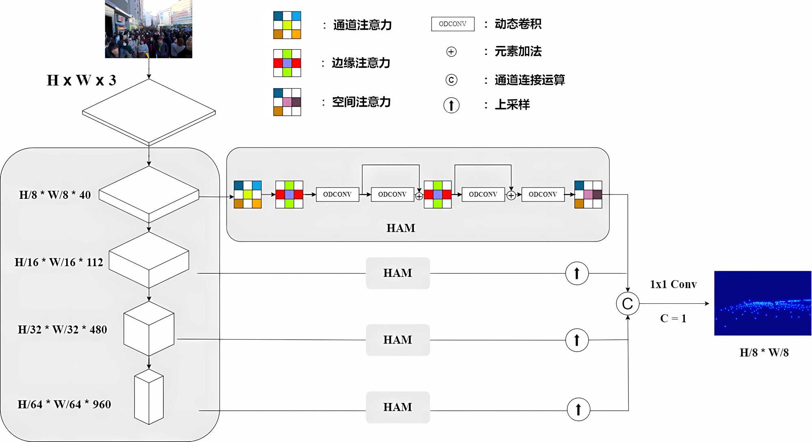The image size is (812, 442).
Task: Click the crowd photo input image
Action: (148, 29)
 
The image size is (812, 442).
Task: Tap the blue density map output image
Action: (762, 303)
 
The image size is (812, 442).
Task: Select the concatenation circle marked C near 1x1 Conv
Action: (628, 303)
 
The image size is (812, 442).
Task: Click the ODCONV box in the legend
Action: (453, 24)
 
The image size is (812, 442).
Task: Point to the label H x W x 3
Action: (81, 80)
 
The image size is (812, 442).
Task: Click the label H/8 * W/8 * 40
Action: (55, 195)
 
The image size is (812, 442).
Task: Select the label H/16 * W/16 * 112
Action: (59, 262)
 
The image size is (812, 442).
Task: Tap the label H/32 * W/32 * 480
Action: (62, 329)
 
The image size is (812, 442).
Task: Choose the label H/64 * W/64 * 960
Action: (64, 404)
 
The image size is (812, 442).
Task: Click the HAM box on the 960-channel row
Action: (398, 407)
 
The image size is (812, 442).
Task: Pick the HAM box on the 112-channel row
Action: (398, 273)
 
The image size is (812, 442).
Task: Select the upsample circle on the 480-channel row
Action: (577, 340)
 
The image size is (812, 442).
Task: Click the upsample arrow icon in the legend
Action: (451, 105)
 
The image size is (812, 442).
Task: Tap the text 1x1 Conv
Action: (673, 284)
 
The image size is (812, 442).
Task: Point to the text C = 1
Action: (673, 318)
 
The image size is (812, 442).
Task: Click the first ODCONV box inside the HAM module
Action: (337, 194)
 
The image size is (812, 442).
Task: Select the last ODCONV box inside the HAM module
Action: (543, 194)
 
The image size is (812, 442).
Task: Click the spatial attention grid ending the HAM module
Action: (588, 194)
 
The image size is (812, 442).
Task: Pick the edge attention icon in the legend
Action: (287, 63)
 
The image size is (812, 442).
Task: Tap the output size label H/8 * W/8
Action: (764, 353)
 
